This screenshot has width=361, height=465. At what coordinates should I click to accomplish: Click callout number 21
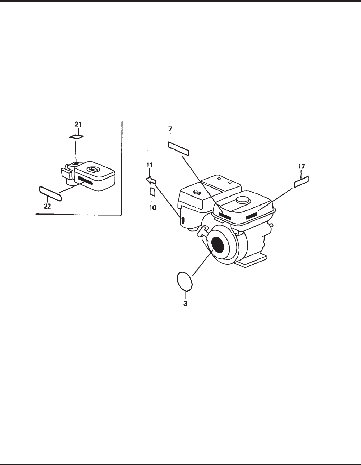[79, 124]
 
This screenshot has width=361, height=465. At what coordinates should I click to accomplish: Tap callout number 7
[170, 129]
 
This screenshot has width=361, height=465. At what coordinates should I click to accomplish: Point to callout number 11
[149, 165]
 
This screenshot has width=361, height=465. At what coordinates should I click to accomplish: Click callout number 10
[152, 208]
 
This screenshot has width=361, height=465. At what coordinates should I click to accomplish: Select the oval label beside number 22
[50, 193]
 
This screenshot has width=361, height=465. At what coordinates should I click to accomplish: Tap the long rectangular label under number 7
[178, 148]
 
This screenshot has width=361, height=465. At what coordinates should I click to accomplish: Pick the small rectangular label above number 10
[152, 192]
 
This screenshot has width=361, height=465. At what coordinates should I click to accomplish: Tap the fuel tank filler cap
[242, 200]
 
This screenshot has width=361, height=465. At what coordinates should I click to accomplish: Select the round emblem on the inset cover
[93, 170]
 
